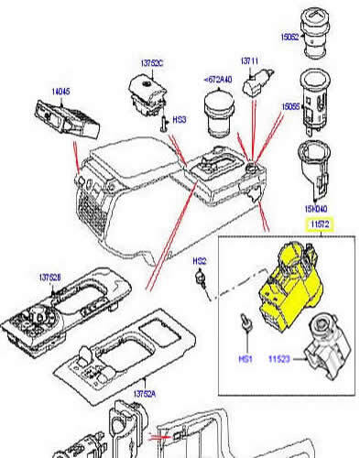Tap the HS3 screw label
180,120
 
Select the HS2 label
198,262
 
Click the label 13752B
51,278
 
